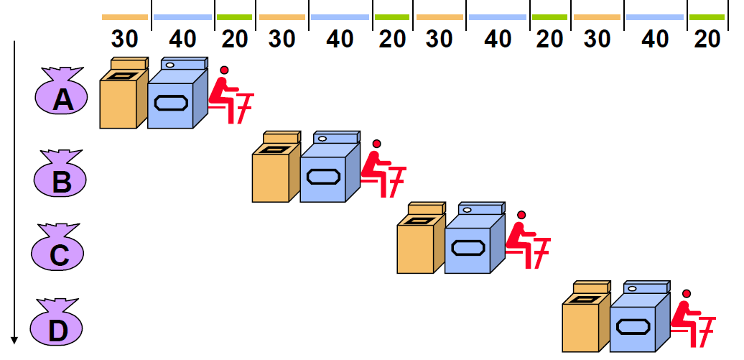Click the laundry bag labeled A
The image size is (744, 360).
click(62, 96)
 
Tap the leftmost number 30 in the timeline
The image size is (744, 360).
click(125, 38)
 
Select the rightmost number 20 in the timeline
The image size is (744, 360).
click(707, 38)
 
